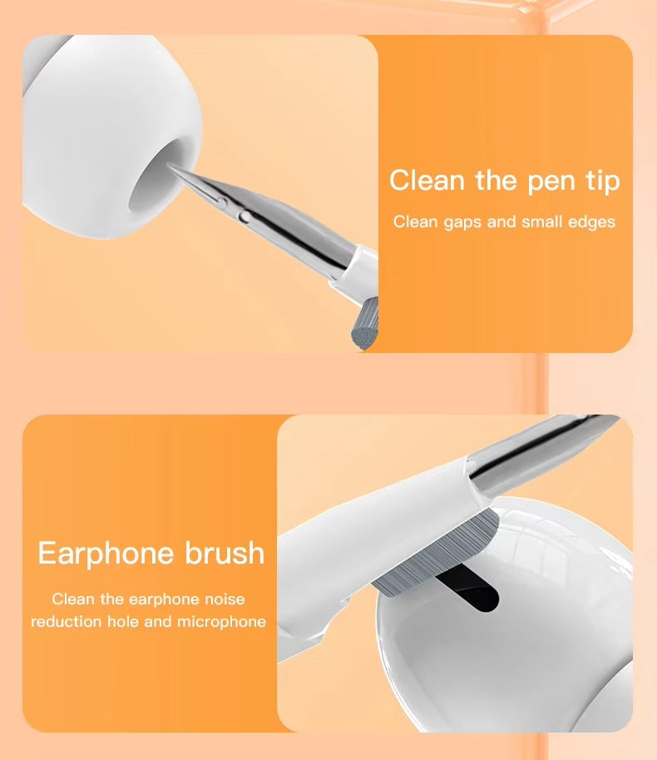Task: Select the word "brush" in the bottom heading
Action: pyautogui.click(x=225, y=554)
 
